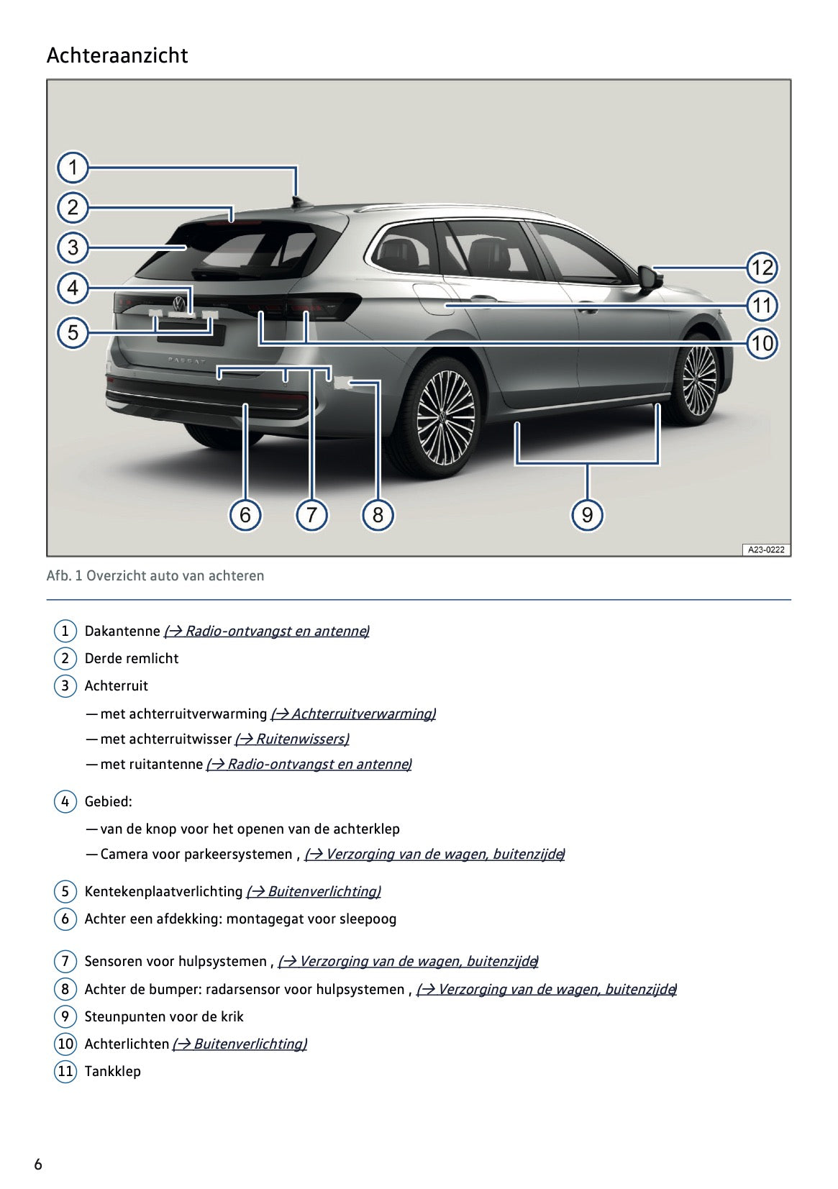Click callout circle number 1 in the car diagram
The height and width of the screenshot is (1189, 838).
73,168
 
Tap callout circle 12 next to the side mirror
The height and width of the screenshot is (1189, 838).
762,268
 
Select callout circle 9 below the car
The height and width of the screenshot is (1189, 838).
587,515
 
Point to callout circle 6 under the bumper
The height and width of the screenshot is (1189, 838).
245,515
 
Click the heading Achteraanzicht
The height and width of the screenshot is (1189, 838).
117,55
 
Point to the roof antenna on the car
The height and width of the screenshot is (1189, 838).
296,201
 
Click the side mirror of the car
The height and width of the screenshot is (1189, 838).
650,278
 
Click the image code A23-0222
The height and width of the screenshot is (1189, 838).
765,550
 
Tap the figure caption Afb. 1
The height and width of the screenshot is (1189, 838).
155,575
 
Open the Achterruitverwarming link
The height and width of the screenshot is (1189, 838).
353,714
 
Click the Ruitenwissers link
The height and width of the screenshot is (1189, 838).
292,739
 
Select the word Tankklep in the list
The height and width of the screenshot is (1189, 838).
112,1071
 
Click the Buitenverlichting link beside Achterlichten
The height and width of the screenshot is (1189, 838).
240,1044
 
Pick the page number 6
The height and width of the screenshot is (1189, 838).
38,1165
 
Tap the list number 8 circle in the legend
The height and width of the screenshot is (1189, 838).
65,989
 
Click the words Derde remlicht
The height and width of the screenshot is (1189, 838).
132,658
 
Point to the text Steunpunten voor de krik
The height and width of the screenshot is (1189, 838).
164,1016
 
